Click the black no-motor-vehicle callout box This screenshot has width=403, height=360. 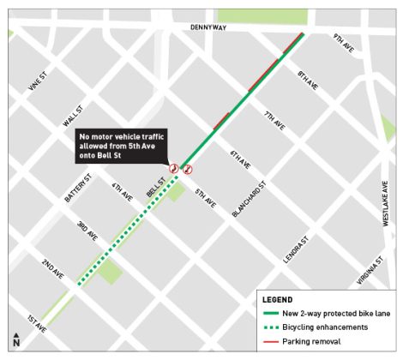coord(121,146)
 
